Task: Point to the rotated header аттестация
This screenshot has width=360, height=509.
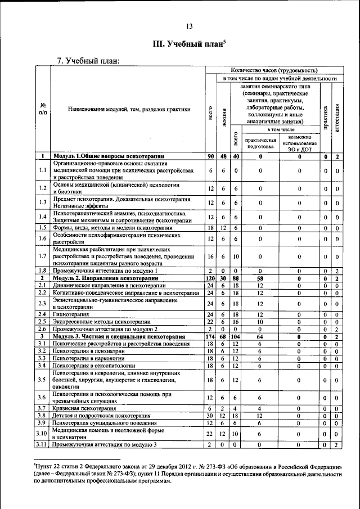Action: pos(336,116)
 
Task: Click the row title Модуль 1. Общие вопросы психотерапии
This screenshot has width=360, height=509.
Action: pos(109,156)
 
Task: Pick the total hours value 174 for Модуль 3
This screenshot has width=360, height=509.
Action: pos(210,336)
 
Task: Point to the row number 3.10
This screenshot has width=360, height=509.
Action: pos(42,433)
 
